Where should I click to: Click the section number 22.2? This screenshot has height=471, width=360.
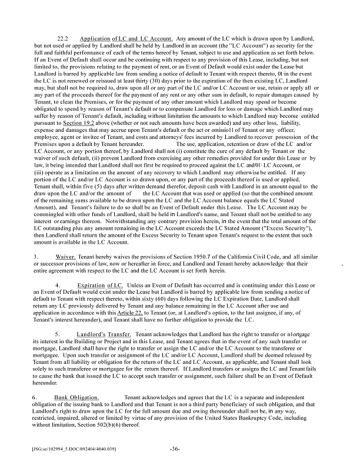click(x=64, y=38)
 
